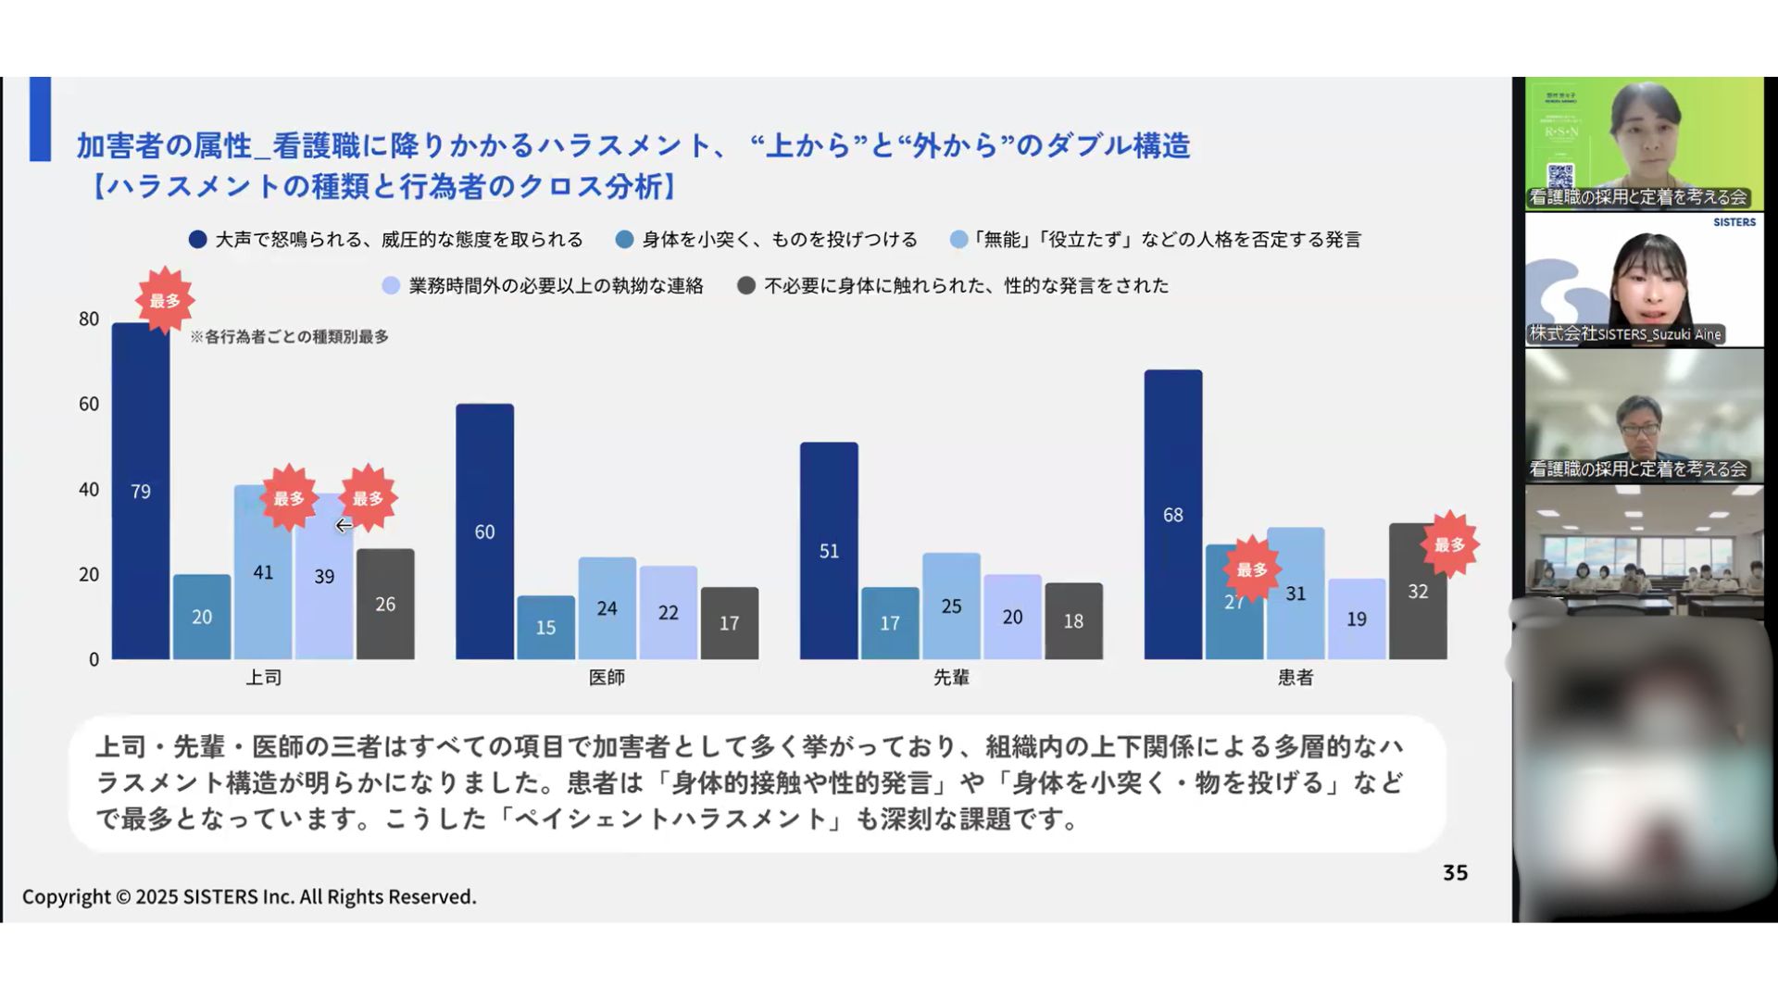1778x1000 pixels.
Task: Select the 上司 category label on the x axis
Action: [263, 678]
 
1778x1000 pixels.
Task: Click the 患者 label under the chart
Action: [1295, 678]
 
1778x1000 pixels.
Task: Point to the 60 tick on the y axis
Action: [89, 404]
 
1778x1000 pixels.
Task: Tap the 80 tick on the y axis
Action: [89, 319]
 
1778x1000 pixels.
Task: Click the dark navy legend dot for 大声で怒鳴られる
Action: [197, 240]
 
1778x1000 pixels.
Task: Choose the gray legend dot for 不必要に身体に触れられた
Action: [746, 286]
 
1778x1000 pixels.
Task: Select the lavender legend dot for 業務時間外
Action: [391, 286]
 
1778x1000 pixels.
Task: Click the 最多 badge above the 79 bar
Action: [165, 300]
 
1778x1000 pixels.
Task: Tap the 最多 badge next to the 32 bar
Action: [1449, 544]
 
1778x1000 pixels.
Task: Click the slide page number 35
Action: [1455, 873]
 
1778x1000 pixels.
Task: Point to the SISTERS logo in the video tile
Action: [1734, 222]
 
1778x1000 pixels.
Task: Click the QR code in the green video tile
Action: [1560, 174]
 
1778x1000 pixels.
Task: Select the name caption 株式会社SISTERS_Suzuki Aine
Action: [1625, 334]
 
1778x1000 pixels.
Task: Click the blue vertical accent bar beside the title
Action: [40, 119]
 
